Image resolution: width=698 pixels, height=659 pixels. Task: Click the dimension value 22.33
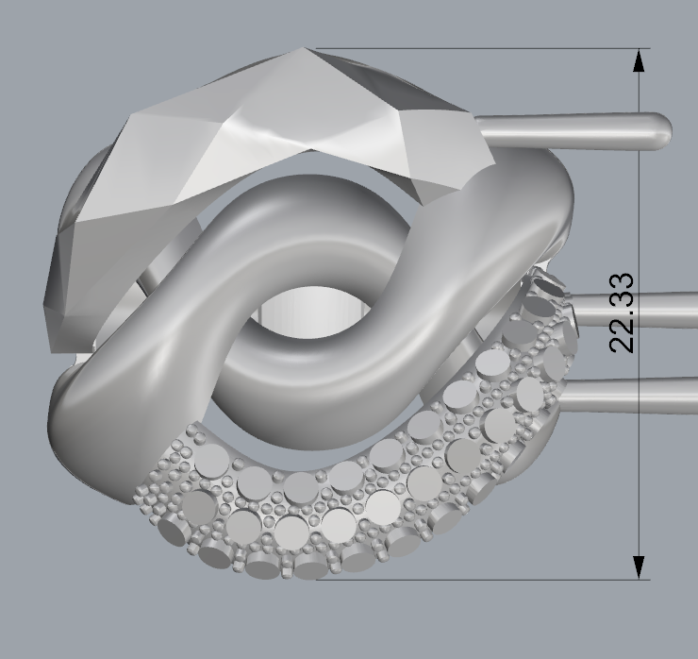623,313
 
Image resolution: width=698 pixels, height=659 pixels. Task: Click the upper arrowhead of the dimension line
640,60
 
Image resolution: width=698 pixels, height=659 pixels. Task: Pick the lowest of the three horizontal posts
632,395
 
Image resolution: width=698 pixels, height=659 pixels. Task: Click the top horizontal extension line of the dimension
472,49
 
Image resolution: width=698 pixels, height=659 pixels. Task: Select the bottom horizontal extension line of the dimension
472,579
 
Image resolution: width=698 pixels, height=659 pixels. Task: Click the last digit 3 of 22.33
623,282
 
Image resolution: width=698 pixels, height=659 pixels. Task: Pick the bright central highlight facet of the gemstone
269,132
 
